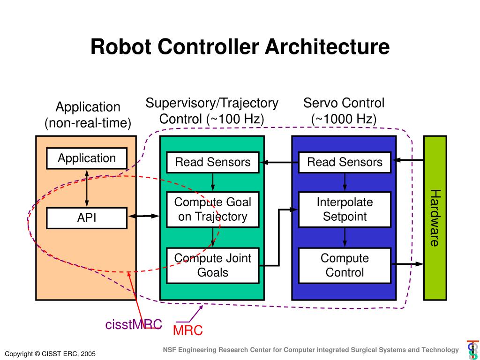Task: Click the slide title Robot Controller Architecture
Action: (240, 47)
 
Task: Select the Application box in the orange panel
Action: (87, 158)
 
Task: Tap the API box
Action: (87, 218)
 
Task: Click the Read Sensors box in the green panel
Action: (213, 162)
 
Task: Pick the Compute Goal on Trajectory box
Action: (213, 210)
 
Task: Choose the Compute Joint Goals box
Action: (213, 265)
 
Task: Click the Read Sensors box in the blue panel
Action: (345, 162)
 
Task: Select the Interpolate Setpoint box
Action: (345, 210)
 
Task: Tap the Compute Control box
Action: (345, 265)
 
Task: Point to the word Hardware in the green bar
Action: (435, 218)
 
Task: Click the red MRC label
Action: (188, 330)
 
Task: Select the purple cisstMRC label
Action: (134, 324)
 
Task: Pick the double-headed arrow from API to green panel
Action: (143, 216)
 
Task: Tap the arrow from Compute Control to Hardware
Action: (407, 264)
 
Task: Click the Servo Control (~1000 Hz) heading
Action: (344, 111)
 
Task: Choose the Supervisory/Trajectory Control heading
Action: (212, 111)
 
